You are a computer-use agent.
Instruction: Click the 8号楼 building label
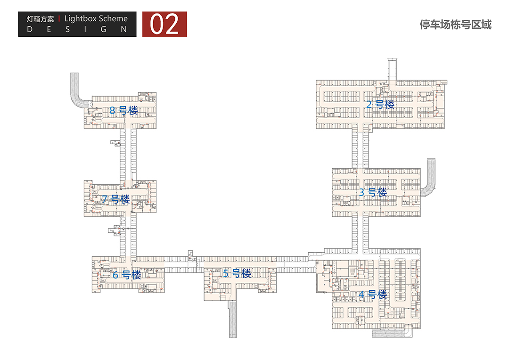coord(123,110)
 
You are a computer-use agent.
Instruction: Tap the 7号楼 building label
coord(115,199)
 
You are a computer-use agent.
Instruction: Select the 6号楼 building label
coord(127,275)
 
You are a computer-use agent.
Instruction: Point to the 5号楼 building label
coord(237,273)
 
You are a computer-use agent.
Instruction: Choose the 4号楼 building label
coord(373,295)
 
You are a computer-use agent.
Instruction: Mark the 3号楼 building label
coord(373,192)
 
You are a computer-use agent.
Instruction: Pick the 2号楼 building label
coord(380,104)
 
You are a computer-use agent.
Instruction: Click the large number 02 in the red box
coord(164,25)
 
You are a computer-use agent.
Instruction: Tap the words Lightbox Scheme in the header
coord(96,18)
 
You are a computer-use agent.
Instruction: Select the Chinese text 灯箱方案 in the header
coord(40,19)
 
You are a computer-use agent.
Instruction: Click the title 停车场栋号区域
coord(455,25)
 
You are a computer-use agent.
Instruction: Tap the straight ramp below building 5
coord(232,319)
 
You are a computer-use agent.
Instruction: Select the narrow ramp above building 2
coord(392,69)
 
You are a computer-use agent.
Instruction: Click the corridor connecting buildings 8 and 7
coord(128,155)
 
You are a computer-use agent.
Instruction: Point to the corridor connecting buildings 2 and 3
coord(361,148)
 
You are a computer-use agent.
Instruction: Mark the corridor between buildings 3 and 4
coord(361,233)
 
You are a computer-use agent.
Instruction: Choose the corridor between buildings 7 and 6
coord(128,235)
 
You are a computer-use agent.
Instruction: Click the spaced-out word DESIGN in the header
coord(77,30)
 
